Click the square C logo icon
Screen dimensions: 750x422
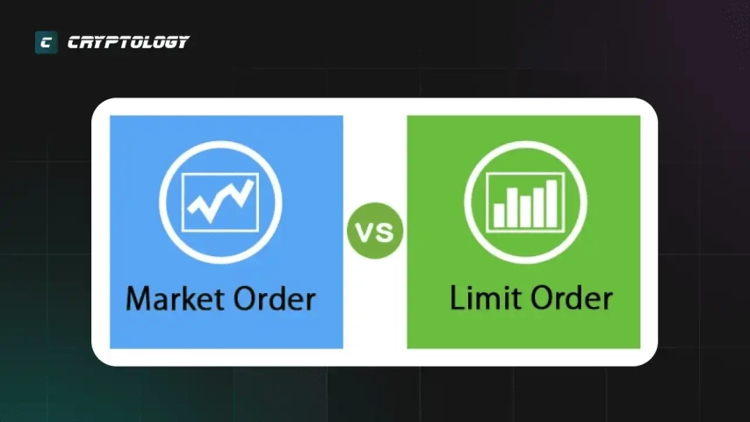(47, 42)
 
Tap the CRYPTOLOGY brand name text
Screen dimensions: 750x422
(128, 42)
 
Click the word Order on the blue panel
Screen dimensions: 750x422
(268, 298)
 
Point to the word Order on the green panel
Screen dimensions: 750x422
(572, 297)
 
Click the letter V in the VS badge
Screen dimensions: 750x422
(365, 232)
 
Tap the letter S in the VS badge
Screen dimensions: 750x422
(386, 232)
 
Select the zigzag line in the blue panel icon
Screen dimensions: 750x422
(220, 201)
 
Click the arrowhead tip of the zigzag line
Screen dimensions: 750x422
(252, 181)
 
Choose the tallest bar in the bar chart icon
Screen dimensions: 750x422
(552, 204)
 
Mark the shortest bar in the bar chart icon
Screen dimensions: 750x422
(499, 216)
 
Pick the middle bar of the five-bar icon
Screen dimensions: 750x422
(525, 211)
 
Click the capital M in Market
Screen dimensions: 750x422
(137, 298)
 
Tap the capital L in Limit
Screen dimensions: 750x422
(458, 297)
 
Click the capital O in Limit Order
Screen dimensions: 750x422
(543, 297)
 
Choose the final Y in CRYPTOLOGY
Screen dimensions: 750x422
(181, 42)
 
